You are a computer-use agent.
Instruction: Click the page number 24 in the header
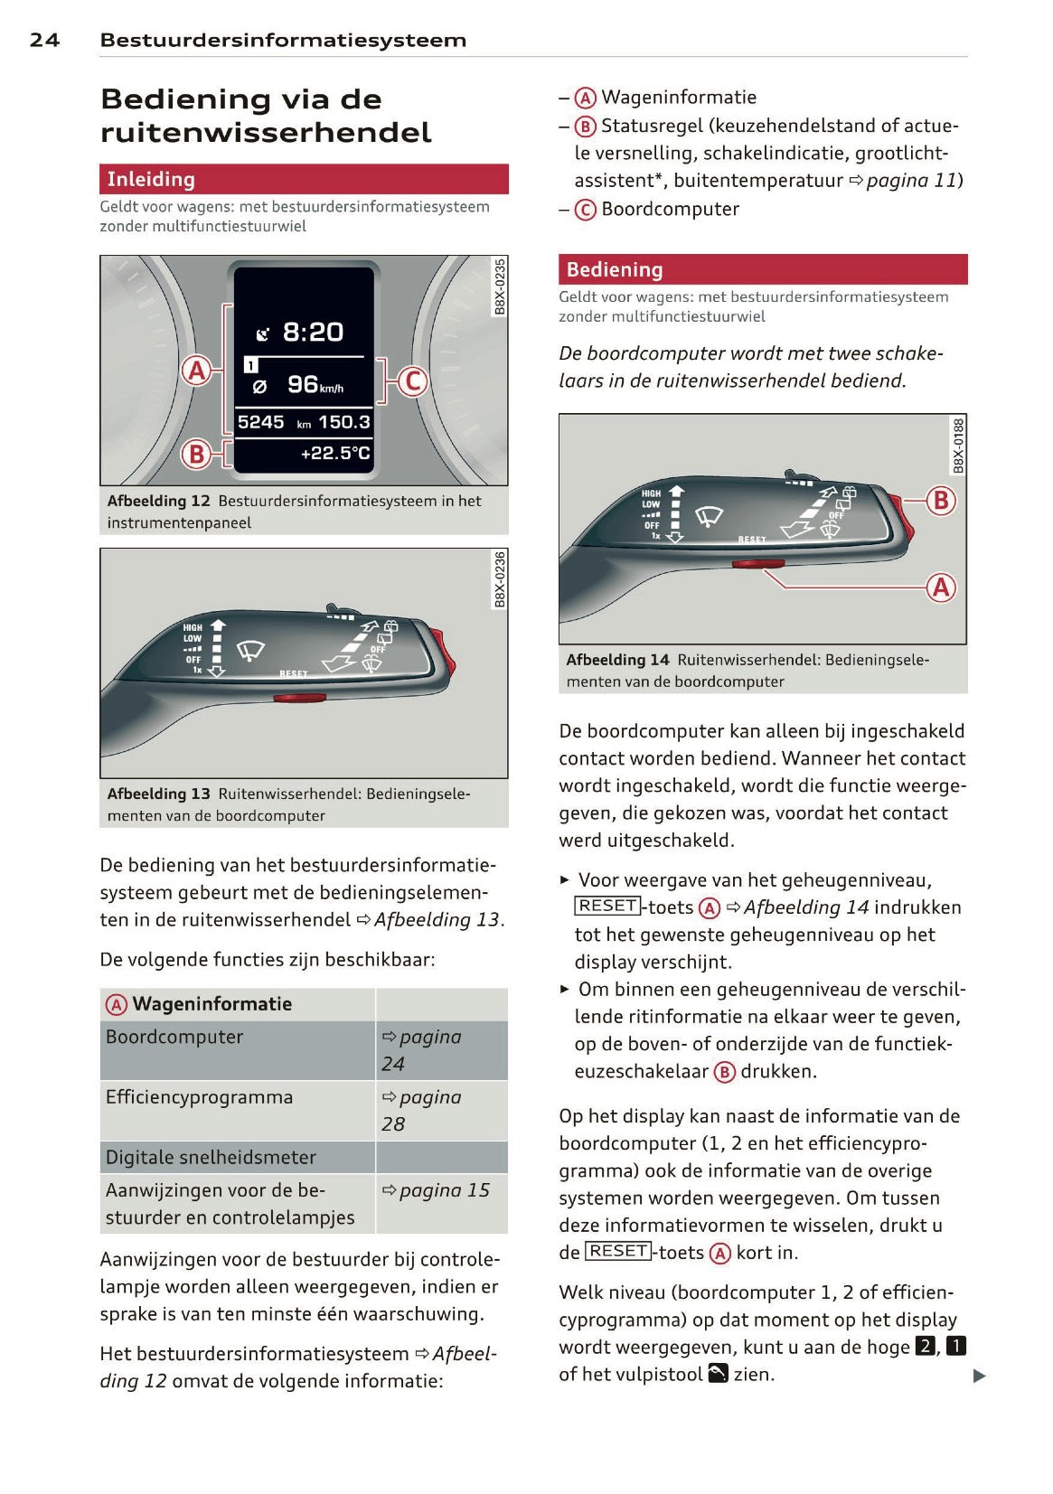44,40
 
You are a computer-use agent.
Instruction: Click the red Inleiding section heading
304,179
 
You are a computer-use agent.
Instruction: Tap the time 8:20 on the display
312,333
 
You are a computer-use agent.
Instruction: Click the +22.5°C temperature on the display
335,453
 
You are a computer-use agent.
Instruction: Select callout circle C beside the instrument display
413,381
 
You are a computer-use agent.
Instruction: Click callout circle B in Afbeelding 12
195,453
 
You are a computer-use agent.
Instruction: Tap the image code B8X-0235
499,287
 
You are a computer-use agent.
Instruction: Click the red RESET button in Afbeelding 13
299,697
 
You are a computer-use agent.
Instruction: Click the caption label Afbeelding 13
158,794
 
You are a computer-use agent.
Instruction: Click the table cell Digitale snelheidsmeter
211,1157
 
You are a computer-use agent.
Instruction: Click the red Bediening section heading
762,269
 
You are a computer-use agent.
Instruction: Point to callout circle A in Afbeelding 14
941,587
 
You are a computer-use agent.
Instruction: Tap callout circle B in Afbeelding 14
941,500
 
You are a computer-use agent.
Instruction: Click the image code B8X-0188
958,445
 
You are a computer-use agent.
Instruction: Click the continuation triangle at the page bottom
979,1377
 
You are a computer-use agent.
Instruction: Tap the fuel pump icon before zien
718,1374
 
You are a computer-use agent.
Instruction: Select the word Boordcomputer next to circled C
670,210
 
